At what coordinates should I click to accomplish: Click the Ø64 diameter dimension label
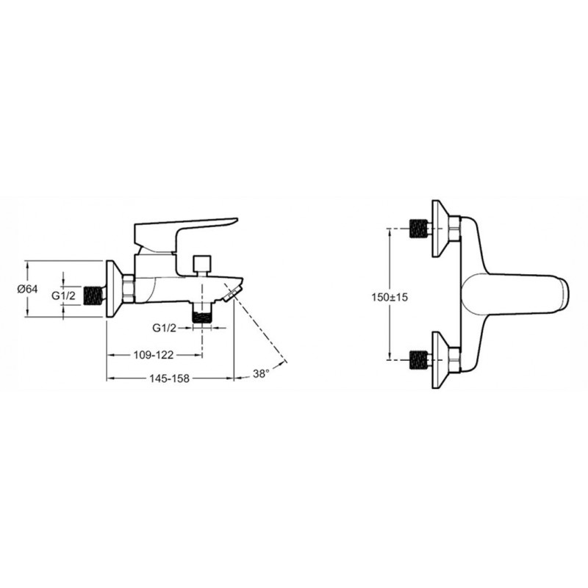click(x=27, y=289)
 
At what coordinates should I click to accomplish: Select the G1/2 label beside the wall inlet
click(x=63, y=296)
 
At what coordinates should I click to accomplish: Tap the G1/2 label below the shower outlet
click(x=164, y=328)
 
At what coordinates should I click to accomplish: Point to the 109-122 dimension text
click(x=154, y=355)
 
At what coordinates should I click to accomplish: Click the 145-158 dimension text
click(x=170, y=379)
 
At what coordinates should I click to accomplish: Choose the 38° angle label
click(x=261, y=374)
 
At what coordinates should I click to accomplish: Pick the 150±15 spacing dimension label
click(x=390, y=298)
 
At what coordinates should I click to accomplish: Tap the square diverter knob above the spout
click(x=202, y=263)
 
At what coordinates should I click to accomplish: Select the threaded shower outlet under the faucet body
click(x=202, y=314)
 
